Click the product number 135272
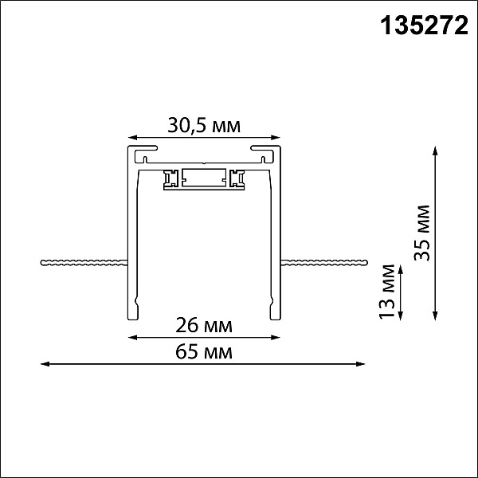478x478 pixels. [x=424, y=25]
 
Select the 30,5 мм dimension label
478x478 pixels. [x=204, y=125]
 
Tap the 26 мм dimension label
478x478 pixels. [x=204, y=325]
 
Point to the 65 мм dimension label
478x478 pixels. [x=204, y=352]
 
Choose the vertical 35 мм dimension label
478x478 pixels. [x=422, y=233]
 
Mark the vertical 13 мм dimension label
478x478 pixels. [x=387, y=292]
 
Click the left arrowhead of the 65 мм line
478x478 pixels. [x=45, y=364]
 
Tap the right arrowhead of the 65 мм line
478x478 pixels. [x=361, y=364]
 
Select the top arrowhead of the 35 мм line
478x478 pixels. [x=435, y=151]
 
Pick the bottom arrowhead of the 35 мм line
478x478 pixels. [x=435, y=315]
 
